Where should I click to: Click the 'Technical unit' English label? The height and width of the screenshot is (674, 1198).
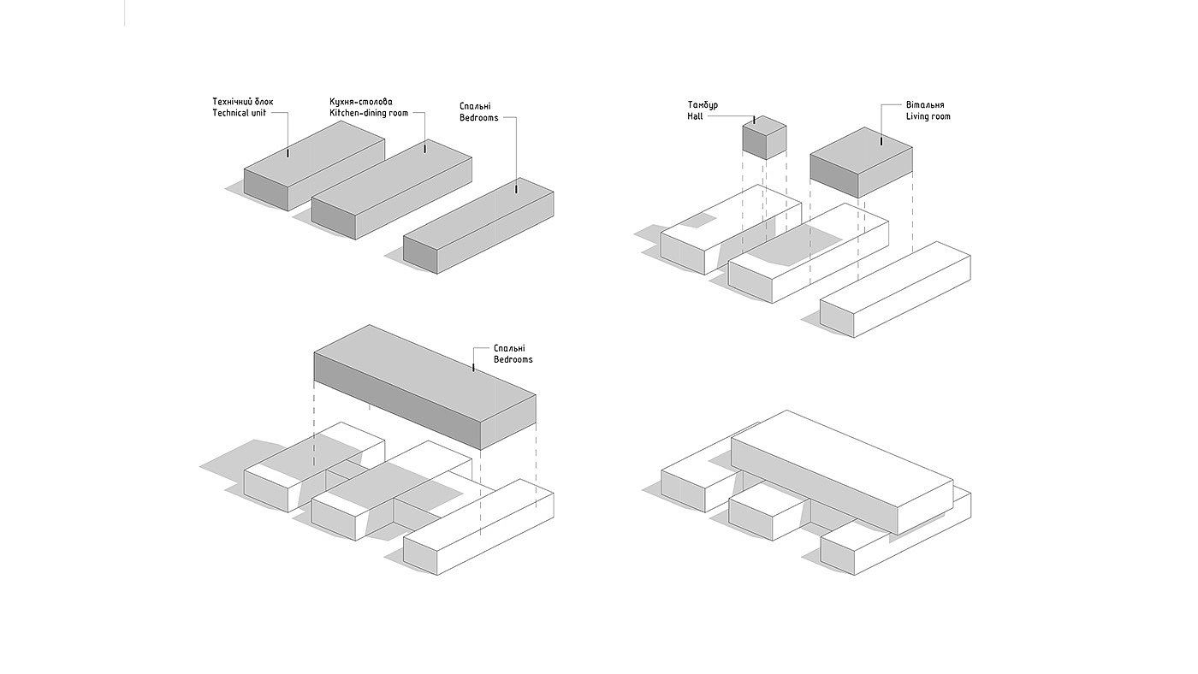click(239, 113)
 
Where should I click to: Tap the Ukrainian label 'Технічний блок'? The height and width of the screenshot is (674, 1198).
click(243, 102)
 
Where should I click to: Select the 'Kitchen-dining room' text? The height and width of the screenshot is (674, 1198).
click(369, 113)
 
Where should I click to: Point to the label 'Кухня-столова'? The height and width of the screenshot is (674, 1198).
click(361, 102)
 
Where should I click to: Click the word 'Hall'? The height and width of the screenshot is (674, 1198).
click(695, 116)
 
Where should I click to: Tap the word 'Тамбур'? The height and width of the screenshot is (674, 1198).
click(703, 104)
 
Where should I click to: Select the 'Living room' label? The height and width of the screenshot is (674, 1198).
click(928, 116)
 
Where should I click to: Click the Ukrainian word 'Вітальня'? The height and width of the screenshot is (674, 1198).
click(925, 104)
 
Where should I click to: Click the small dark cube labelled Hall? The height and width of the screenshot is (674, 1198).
click(764, 138)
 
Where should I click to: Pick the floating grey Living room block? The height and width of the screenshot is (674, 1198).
click(861, 162)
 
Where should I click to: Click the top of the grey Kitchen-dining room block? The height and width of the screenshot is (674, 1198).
click(392, 178)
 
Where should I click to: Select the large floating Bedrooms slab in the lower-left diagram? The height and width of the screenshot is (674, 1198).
click(424, 387)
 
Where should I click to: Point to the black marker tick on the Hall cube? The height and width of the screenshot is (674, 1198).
click(754, 121)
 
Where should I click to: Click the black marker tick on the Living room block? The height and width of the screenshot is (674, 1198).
click(881, 141)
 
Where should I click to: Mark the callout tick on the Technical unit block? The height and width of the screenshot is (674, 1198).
click(288, 153)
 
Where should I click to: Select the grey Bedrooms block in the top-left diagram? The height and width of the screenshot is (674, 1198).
click(478, 226)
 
